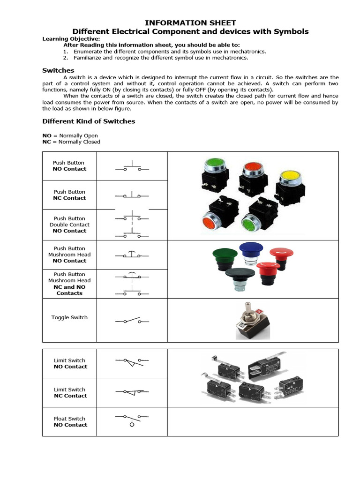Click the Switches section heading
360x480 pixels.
(58, 70)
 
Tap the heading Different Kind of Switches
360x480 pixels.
(89, 121)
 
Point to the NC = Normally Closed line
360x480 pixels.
(71, 142)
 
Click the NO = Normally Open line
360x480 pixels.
(70, 135)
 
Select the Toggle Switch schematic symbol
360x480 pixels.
(132, 321)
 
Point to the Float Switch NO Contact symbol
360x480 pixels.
(132, 419)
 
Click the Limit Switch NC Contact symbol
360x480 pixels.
(132, 391)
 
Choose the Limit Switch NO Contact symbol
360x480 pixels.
(132, 362)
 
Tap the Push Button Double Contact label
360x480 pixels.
(69, 225)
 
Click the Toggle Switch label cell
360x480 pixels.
(69, 317)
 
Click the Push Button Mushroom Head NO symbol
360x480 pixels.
(132, 255)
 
